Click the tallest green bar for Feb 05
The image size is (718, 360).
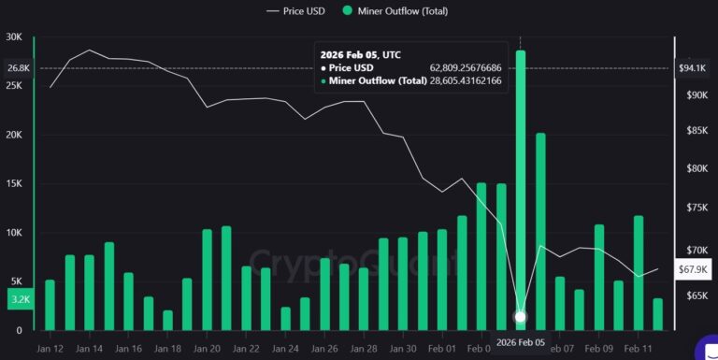point(521,187)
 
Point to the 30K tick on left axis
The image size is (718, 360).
point(14,37)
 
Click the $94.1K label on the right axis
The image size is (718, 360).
point(692,68)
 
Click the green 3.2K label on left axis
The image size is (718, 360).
point(18,300)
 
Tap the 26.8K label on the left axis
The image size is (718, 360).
point(18,68)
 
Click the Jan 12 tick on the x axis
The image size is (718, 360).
point(50,348)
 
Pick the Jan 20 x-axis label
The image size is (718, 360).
point(208,348)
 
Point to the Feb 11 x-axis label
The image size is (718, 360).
point(639,348)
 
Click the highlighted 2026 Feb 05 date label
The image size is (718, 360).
point(521,343)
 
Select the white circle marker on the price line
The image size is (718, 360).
point(521,317)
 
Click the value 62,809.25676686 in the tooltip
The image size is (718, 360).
point(466,67)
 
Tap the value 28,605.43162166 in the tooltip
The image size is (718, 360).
point(466,81)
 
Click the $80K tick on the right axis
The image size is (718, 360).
point(697,168)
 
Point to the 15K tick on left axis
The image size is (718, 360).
point(14,183)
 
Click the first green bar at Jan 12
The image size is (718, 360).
point(50,305)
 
